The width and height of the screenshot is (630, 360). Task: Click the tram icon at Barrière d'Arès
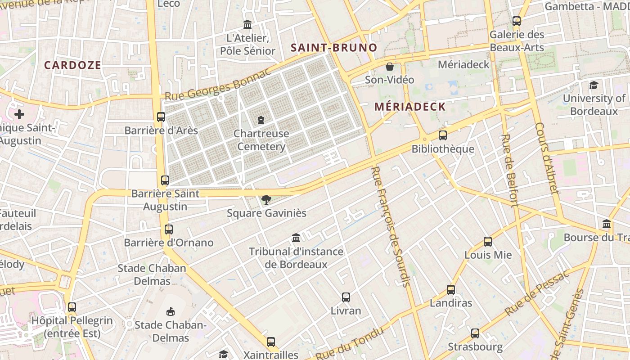(161, 117)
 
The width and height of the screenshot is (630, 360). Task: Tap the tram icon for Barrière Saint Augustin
(165, 180)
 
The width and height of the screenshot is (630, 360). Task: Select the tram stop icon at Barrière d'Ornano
(169, 229)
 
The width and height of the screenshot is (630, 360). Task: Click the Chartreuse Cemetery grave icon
(261, 120)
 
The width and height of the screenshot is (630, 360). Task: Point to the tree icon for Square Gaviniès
(266, 199)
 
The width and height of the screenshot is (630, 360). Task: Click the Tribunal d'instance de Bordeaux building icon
(296, 238)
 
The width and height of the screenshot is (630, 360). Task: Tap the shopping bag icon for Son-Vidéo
(390, 67)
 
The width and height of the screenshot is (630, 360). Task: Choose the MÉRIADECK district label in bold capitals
(410, 107)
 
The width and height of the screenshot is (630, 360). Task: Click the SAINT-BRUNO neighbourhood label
(333, 47)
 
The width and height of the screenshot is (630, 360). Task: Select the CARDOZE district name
(72, 65)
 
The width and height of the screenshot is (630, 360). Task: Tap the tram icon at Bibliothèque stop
(443, 135)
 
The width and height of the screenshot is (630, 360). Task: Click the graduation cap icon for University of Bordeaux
(594, 85)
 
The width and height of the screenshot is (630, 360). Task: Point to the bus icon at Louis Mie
(488, 242)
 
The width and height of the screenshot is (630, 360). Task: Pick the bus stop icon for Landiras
(451, 290)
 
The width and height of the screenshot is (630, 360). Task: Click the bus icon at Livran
(346, 297)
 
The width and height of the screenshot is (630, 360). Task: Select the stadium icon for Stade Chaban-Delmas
(171, 311)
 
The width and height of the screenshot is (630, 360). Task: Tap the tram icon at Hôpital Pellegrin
(72, 307)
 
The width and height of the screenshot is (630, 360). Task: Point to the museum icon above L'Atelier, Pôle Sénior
(247, 25)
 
